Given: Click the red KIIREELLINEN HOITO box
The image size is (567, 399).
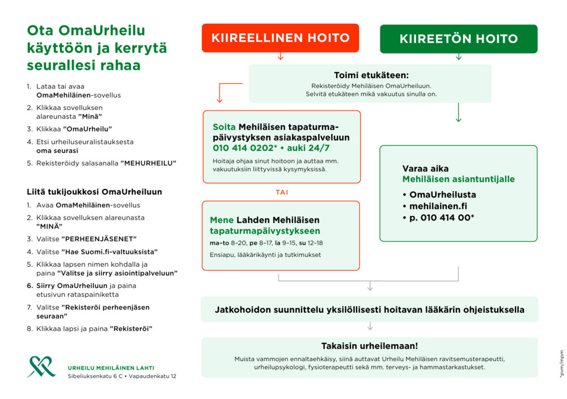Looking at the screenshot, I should point(280,38).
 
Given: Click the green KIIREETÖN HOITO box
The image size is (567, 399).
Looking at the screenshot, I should point(458,39).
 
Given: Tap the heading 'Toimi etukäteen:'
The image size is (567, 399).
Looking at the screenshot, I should point(371,75).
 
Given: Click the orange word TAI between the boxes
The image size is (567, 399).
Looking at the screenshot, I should point(282,193).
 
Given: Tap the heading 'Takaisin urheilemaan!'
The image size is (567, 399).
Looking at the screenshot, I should point(369,346).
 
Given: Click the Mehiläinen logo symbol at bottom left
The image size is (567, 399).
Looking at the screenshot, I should point(41,367).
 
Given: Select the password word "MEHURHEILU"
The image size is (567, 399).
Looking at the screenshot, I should point(149,163).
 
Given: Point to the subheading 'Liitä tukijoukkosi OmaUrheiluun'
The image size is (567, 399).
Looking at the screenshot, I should point(95,192).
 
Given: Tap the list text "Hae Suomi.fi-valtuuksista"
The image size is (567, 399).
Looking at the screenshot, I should point(109,252).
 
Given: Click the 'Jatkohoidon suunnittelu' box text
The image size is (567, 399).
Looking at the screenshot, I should point(369,310).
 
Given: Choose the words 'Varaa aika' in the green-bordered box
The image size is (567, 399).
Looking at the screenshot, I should point(425,169).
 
